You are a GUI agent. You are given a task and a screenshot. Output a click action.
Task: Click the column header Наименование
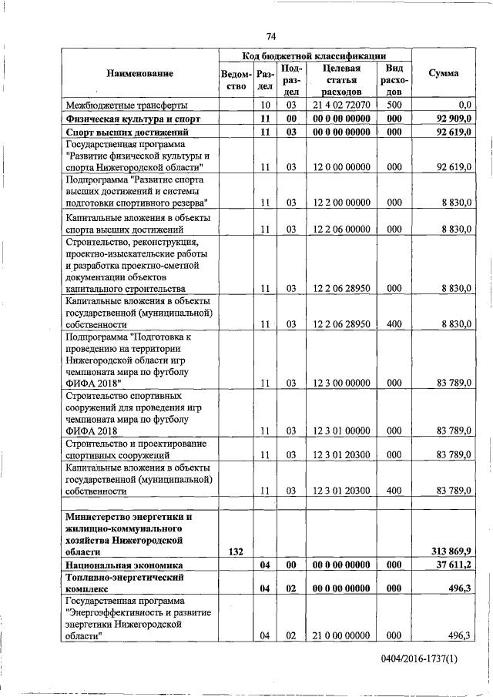(140, 73)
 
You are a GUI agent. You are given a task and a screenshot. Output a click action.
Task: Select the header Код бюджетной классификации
(314, 55)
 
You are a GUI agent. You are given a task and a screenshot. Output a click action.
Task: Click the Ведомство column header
(235, 79)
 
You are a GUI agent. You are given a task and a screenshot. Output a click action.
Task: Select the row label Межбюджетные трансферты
(126, 105)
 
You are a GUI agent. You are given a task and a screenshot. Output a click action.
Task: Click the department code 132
(236, 551)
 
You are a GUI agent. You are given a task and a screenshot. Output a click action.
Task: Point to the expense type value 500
(394, 105)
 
